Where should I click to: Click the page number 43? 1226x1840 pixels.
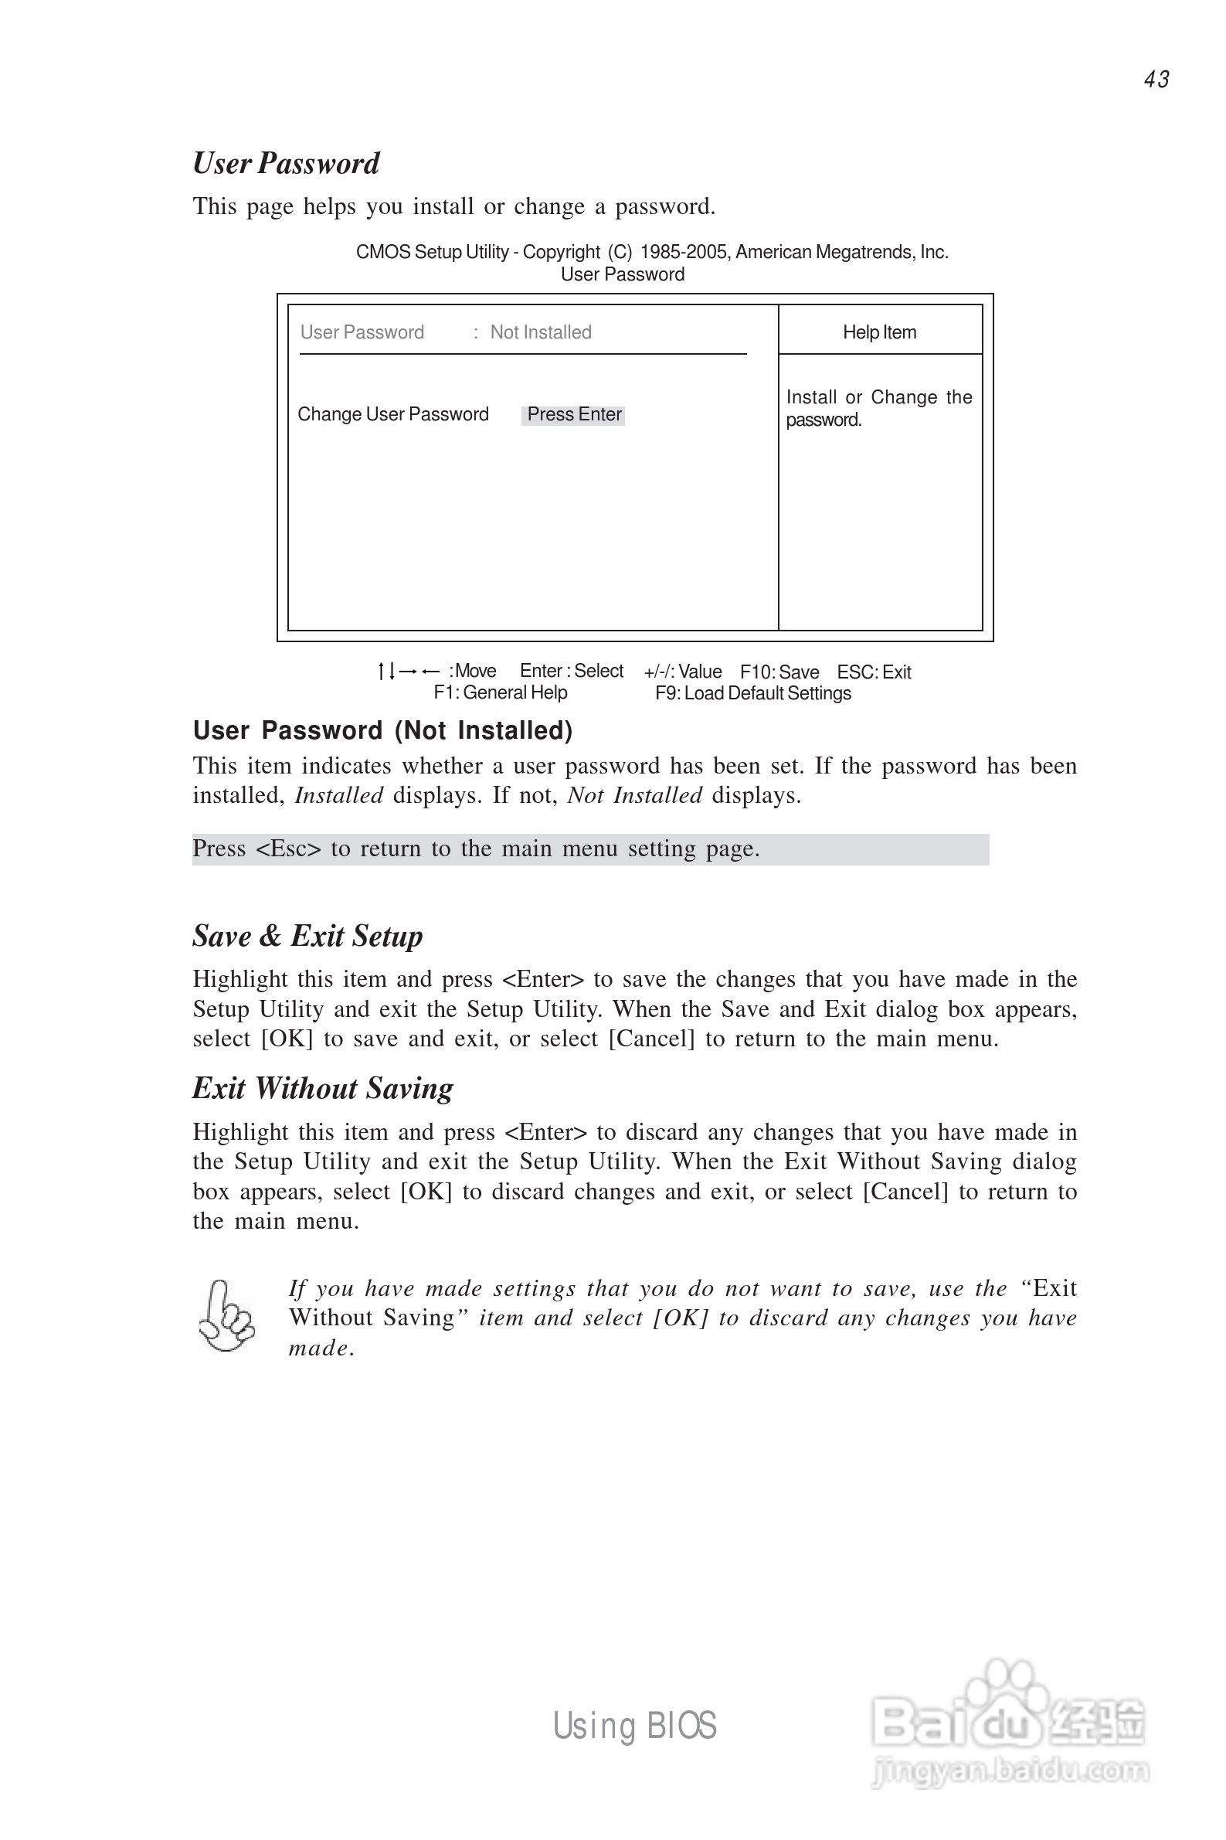coord(1156,80)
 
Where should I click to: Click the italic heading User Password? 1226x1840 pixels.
coord(286,163)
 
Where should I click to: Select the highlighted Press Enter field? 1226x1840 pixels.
coord(574,414)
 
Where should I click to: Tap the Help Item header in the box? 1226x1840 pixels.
coord(880,332)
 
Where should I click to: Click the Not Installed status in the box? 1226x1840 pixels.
coord(540,332)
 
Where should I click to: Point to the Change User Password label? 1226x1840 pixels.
coord(393,414)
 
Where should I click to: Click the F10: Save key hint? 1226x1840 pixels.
coord(779,672)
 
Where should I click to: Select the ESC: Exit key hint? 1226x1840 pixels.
coord(875,672)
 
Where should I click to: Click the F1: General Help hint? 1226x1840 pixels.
coord(501,692)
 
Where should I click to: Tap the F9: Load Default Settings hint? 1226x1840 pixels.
coord(753,693)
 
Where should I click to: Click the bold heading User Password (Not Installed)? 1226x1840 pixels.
coord(383,730)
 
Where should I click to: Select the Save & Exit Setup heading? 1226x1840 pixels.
coord(308,936)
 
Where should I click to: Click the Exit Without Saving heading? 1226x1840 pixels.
coord(323,1089)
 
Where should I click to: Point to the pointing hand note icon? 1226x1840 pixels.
coord(227,1316)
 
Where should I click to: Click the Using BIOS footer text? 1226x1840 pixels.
coord(634,1726)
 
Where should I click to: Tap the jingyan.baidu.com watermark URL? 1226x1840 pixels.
coord(1010,1770)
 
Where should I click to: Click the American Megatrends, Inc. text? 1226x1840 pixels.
coord(841,252)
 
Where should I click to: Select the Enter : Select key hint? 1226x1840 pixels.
coord(572,671)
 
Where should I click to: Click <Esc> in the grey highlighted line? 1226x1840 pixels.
coord(287,849)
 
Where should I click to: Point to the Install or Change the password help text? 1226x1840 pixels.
coord(879,408)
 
